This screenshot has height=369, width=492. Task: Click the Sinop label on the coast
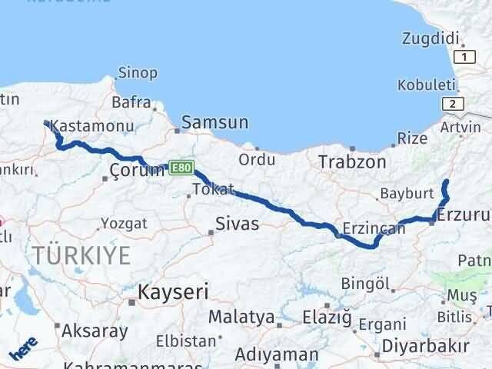point(138,73)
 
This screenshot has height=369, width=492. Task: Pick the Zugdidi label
point(431,38)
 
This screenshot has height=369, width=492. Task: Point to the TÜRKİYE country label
point(81,256)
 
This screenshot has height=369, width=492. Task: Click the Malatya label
point(241,317)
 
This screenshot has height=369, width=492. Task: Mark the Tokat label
point(212,188)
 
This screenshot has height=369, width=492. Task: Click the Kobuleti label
point(427,85)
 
